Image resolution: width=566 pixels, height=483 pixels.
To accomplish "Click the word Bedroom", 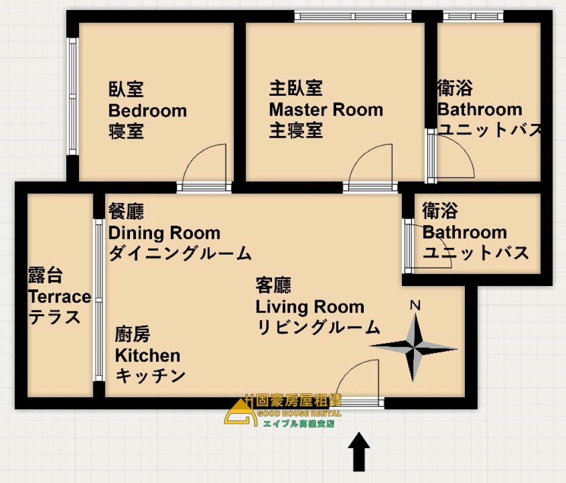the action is (x=148, y=111).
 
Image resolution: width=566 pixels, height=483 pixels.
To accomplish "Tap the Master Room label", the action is (x=326, y=110).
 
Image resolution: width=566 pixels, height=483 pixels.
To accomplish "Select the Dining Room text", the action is (x=164, y=233).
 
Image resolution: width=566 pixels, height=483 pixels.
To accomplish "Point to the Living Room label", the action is (x=310, y=307).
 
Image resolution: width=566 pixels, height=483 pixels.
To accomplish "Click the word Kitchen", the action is (x=148, y=356).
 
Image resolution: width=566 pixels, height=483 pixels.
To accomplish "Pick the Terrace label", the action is (x=60, y=297).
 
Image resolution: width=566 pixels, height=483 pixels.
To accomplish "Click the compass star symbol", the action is (x=413, y=348).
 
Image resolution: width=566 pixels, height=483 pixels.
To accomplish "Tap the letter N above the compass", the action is (x=415, y=305).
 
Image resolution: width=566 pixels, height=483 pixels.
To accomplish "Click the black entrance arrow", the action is (x=359, y=451).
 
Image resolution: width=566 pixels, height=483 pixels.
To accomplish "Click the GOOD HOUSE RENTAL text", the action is (x=299, y=414).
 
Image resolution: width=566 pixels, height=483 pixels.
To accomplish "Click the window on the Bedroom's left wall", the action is (x=72, y=96).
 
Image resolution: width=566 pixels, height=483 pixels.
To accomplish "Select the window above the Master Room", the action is (x=353, y=16).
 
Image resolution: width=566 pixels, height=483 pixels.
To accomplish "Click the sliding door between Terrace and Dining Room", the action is (x=99, y=300).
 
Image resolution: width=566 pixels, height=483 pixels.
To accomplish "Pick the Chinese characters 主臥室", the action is (x=296, y=89).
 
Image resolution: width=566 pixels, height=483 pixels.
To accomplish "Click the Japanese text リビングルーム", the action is (x=318, y=328).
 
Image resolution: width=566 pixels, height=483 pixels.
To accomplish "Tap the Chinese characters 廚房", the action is (x=133, y=334).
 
